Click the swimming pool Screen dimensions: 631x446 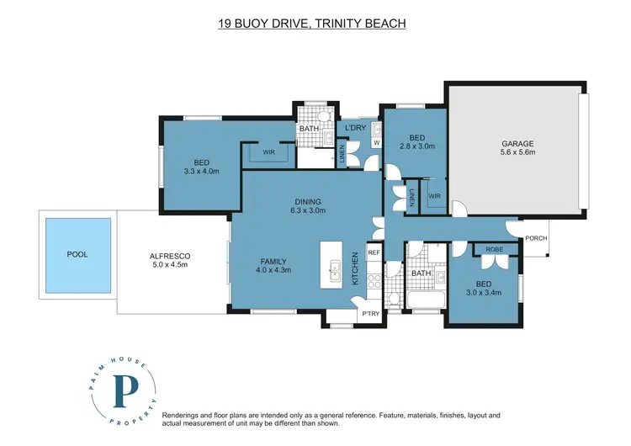coord(78,255)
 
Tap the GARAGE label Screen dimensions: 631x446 coord(517,143)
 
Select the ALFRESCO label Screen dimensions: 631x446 coord(170,256)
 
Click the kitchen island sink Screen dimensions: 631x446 coord(334,271)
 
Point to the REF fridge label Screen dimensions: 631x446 coord(374,252)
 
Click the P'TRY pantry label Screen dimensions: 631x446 coord(371,313)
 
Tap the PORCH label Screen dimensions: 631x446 coord(536,238)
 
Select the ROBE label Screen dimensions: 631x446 coord(494,249)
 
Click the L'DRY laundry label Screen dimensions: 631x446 coord(356,128)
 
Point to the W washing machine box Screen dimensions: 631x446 coord(376,143)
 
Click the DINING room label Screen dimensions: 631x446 coord(308,202)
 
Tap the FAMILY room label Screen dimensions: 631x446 coord(273,261)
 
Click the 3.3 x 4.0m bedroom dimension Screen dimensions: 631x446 coord(201,171)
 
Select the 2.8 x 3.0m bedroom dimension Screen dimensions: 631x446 coord(417,146)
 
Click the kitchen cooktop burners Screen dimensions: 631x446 coord(374,280)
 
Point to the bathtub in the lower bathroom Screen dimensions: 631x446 coord(427,300)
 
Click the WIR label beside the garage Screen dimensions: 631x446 coord(435,196)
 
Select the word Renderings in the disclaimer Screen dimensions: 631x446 coord(180,416)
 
